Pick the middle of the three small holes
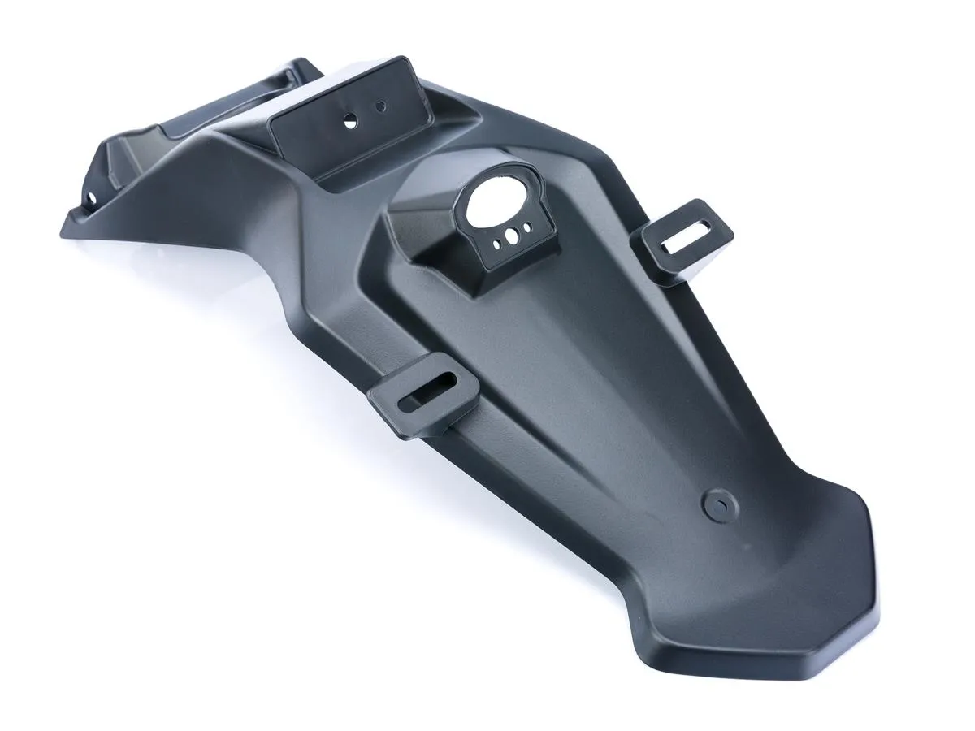[512, 236]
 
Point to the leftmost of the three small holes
[496, 242]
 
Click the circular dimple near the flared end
[717, 504]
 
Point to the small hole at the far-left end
[92, 197]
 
